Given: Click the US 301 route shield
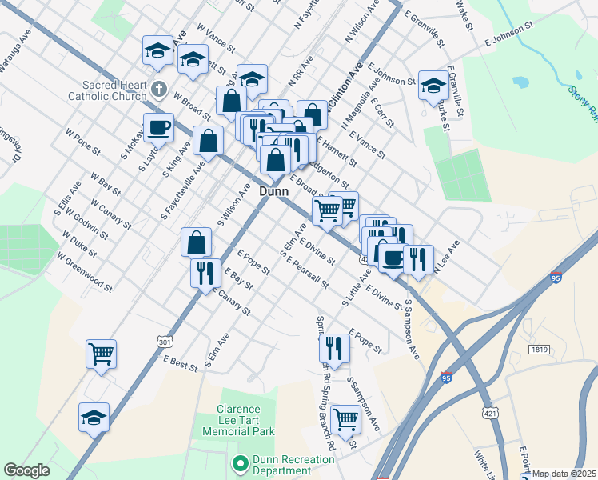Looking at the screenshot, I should (x=165, y=342).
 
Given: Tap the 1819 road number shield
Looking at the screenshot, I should (x=539, y=349).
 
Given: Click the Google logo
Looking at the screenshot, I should (x=26, y=470).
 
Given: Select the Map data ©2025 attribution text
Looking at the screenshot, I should (x=564, y=474).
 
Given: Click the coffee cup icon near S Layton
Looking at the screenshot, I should (x=158, y=127).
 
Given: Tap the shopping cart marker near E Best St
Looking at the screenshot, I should (x=102, y=354).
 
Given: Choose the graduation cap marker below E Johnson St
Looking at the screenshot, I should (x=433, y=86).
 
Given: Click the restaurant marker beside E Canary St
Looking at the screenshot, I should (x=205, y=272).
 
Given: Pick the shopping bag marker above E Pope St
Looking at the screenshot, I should (x=196, y=242).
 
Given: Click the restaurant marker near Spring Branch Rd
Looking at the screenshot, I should (x=333, y=348).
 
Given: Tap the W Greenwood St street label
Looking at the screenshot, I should (x=84, y=271).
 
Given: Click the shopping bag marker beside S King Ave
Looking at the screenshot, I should (x=208, y=141).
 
